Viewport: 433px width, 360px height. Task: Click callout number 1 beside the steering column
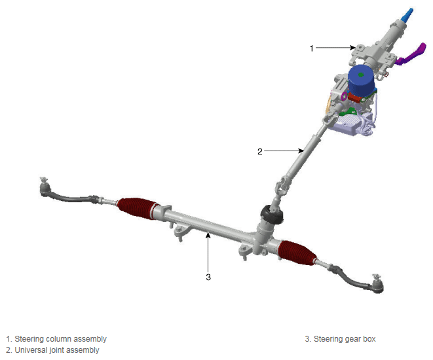[312, 48]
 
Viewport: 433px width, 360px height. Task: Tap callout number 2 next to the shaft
[260, 151]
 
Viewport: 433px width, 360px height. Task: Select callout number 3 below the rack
[208, 277]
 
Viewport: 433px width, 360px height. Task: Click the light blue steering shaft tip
[407, 15]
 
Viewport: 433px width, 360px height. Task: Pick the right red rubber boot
[297, 253]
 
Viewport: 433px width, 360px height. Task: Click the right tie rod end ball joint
[377, 284]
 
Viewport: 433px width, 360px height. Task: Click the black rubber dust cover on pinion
[272, 215]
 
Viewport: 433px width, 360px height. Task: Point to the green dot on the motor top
[361, 75]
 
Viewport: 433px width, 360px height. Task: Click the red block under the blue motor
[356, 97]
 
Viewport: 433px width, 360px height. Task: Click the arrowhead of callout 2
[301, 151]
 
